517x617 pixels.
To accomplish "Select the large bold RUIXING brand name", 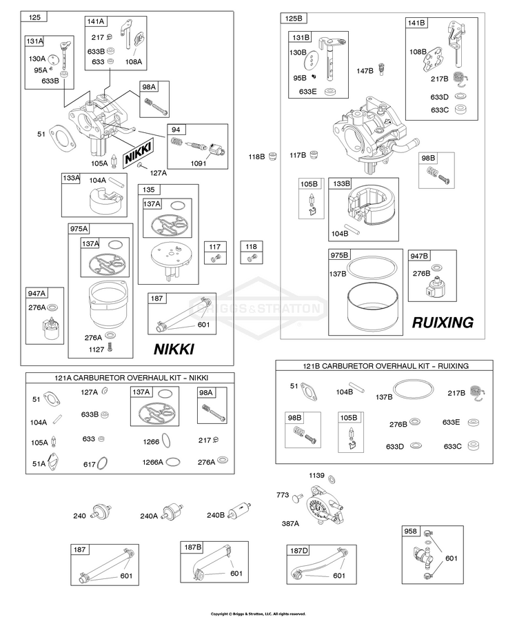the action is coord(443,323).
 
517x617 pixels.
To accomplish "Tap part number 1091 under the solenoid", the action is coord(199,163).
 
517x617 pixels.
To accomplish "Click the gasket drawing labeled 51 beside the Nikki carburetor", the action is coord(63,138).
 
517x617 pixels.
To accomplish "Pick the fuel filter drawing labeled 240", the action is coord(102,512).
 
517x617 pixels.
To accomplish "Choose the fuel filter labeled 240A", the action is coord(173,512).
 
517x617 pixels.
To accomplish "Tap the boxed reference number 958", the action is coord(410,532).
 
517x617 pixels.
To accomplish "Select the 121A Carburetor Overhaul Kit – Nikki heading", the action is coord(131,378).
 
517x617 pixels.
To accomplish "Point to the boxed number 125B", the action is coord(294,19).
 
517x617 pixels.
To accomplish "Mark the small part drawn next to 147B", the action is coord(381,69).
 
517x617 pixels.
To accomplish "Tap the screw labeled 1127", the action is coord(110,348).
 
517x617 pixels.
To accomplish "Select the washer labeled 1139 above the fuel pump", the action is coord(332,479).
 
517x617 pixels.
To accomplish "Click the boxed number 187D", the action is coord(299,551).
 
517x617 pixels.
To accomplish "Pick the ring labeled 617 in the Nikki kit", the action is coord(103,463).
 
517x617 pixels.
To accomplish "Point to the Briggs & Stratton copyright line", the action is coord(258,614).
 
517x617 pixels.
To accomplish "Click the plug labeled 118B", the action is coord(272,156).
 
